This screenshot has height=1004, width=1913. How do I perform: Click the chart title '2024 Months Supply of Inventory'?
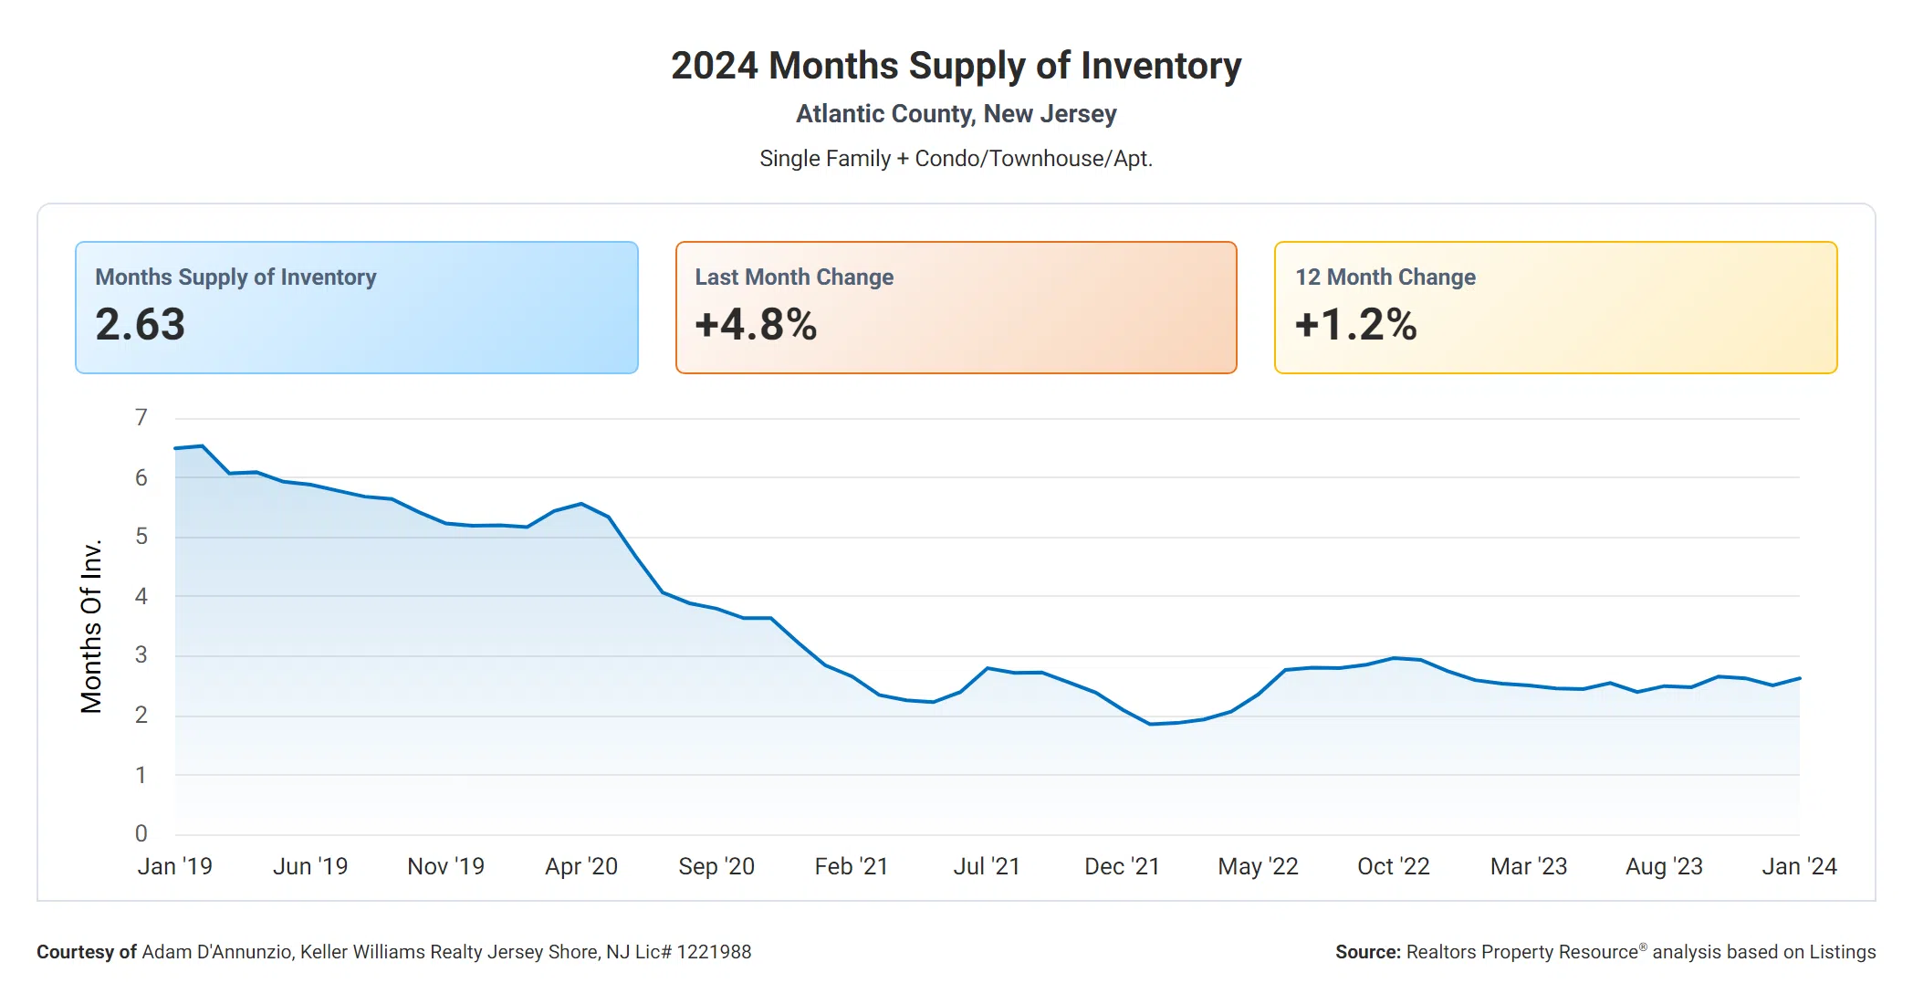pos(956,66)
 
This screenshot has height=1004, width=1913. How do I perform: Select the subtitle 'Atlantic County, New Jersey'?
pos(956,114)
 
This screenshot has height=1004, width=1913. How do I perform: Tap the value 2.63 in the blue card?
pos(141,325)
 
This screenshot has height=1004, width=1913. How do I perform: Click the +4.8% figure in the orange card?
pos(756,325)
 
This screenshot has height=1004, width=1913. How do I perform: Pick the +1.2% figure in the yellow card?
pos(1355,325)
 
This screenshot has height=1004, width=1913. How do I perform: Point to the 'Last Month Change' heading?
pos(794,277)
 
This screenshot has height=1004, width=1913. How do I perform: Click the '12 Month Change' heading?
pos(1385,277)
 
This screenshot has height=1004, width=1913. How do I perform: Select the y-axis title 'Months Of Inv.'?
pos(91,626)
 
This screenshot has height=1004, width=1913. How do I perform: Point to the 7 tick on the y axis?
pos(141,418)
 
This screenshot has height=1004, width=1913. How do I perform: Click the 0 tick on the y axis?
pos(141,833)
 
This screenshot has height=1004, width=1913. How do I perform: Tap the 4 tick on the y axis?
pos(141,596)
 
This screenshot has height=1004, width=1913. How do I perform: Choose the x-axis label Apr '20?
pos(581,866)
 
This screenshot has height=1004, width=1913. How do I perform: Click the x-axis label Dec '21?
pos(1122,866)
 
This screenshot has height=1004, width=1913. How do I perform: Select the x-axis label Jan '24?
pos(1799,866)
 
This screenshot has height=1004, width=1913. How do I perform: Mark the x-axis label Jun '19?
pos(310,866)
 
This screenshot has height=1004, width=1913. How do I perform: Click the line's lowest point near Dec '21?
pos(1150,724)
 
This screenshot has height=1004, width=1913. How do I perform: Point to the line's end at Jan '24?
pos(1799,678)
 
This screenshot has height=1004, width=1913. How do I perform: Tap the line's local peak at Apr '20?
pos(581,504)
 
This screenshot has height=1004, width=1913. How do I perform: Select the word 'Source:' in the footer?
pos(1367,952)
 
